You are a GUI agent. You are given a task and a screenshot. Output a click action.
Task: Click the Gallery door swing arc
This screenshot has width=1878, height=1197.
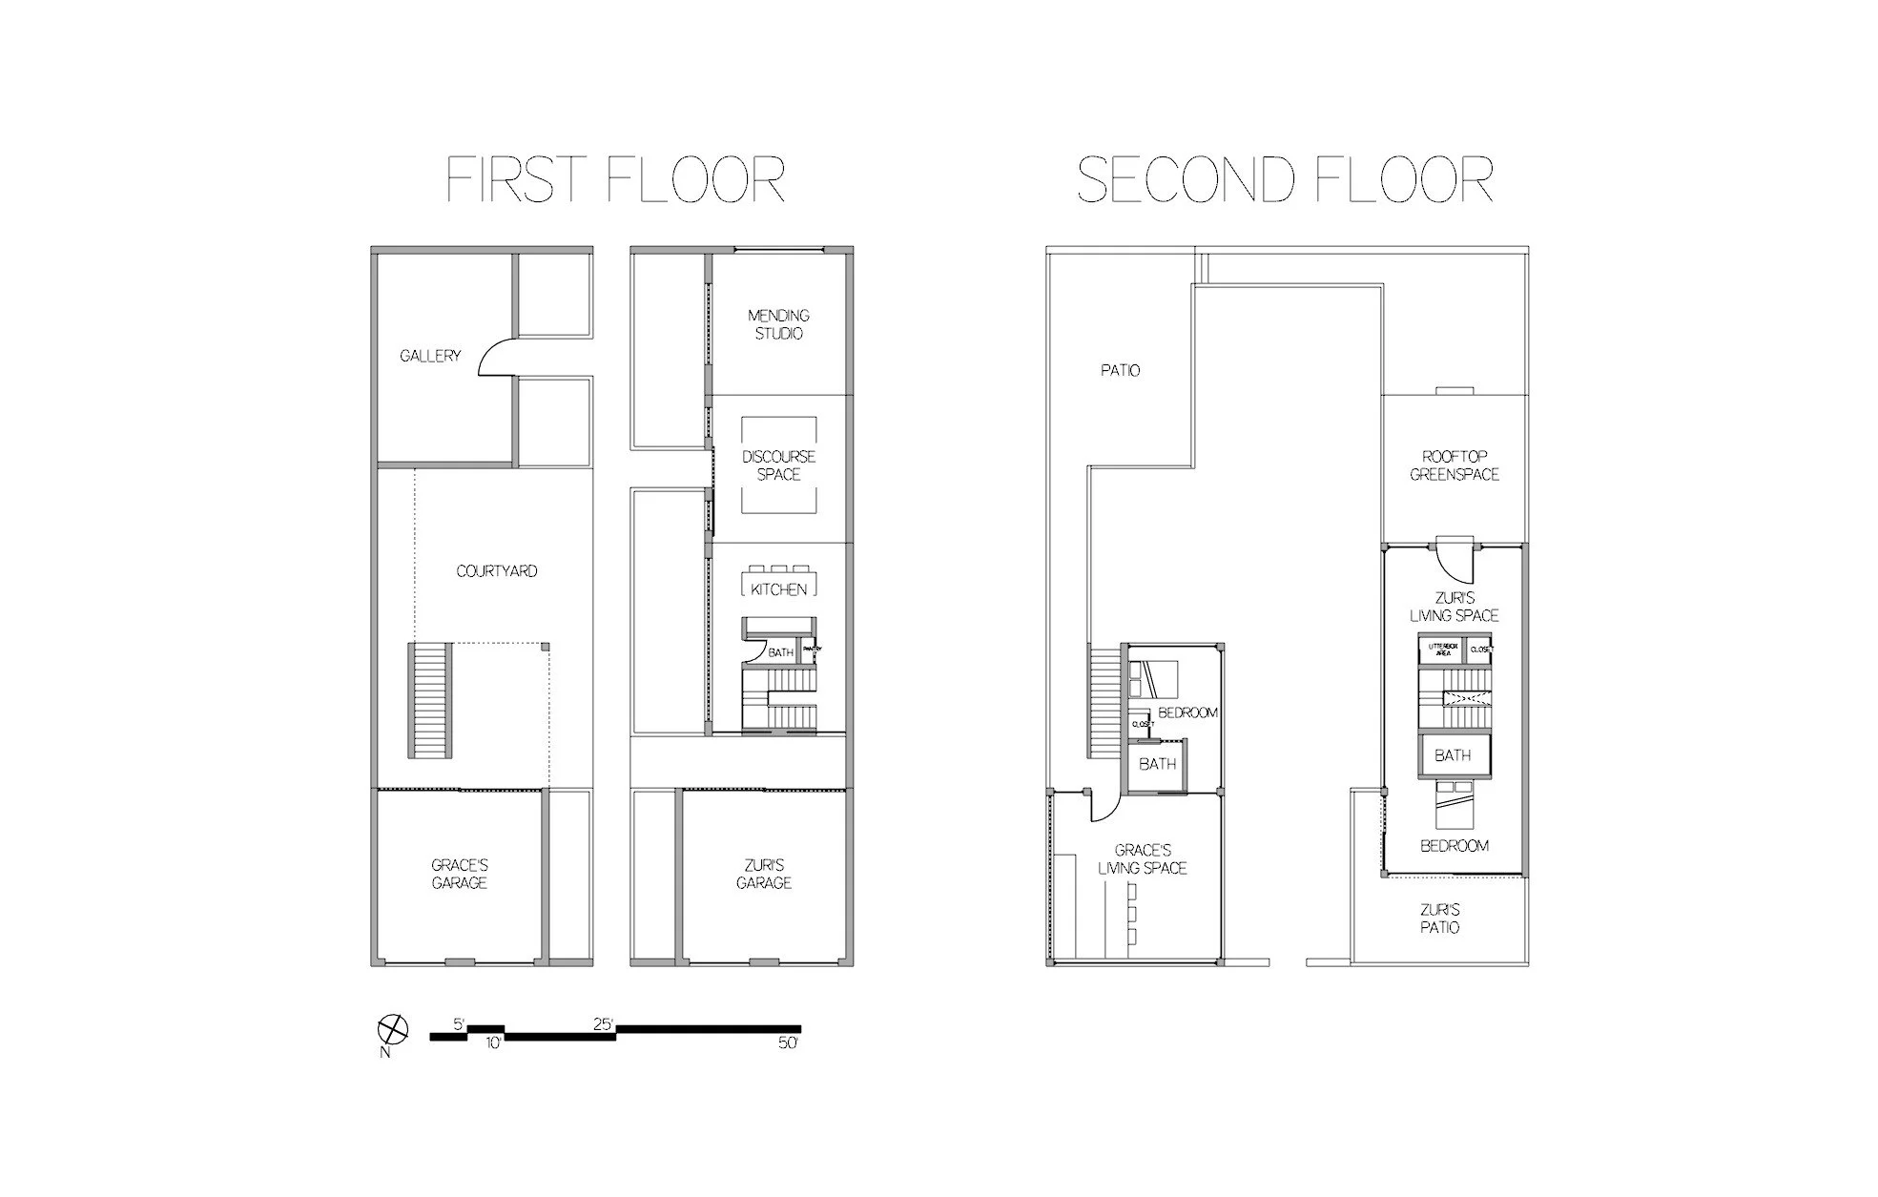pos(494,359)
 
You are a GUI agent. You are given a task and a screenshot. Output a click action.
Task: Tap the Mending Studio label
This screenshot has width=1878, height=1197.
pos(778,324)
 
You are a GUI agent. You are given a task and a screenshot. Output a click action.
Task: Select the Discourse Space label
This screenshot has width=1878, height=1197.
pos(778,465)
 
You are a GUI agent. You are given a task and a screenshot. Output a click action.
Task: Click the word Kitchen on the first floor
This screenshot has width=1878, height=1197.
pos(778,589)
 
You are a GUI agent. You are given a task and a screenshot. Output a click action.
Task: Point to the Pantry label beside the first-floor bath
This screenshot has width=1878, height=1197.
pos(812,650)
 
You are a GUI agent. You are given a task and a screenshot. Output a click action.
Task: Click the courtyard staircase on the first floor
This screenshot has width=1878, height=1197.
pos(430,700)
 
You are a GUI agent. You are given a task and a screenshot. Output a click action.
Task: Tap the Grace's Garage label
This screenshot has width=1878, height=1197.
pos(459,874)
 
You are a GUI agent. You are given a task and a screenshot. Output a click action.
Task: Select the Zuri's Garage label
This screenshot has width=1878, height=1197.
pos(763,874)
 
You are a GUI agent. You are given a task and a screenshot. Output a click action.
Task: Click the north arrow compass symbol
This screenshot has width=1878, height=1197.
pos(393,1030)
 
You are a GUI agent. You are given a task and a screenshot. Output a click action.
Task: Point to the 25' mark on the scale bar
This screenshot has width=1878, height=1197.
pos(603,1024)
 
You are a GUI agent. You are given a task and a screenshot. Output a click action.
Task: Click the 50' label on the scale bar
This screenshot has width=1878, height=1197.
pos(787,1043)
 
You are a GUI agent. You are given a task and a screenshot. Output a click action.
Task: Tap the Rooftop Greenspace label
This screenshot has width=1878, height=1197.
pos(1454,465)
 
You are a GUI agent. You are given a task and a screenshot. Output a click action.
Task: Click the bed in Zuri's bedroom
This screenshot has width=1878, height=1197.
pos(1454,807)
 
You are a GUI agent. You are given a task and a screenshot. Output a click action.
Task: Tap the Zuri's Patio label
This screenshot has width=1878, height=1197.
pos(1438,918)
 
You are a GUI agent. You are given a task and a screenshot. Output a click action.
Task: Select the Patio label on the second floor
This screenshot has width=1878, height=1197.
pos(1120,370)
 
